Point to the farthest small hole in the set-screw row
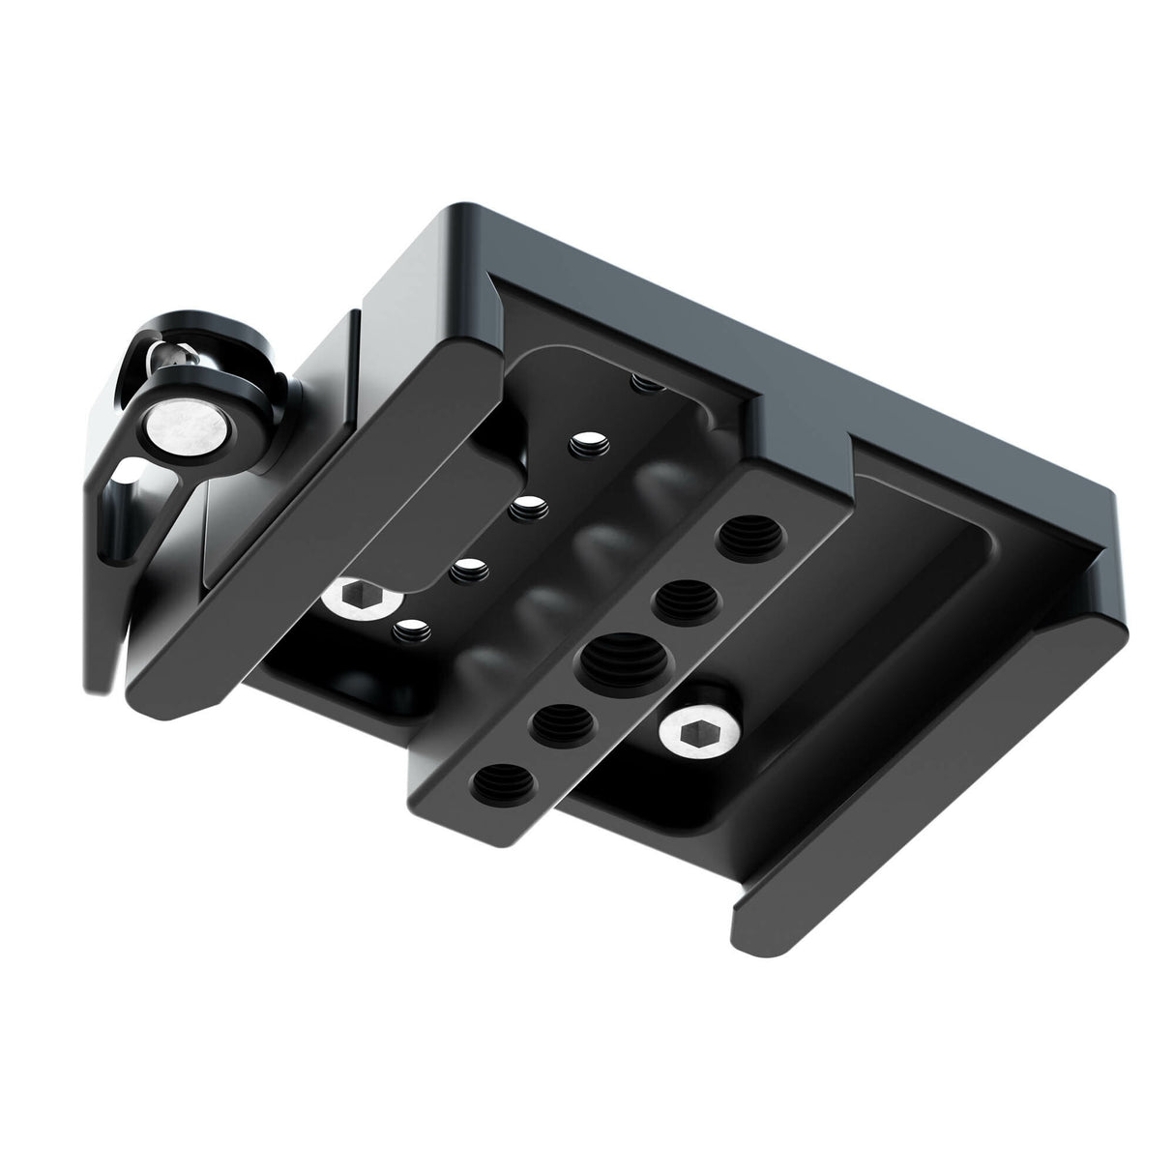[x=639, y=383]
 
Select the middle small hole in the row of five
[x=527, y=505]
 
